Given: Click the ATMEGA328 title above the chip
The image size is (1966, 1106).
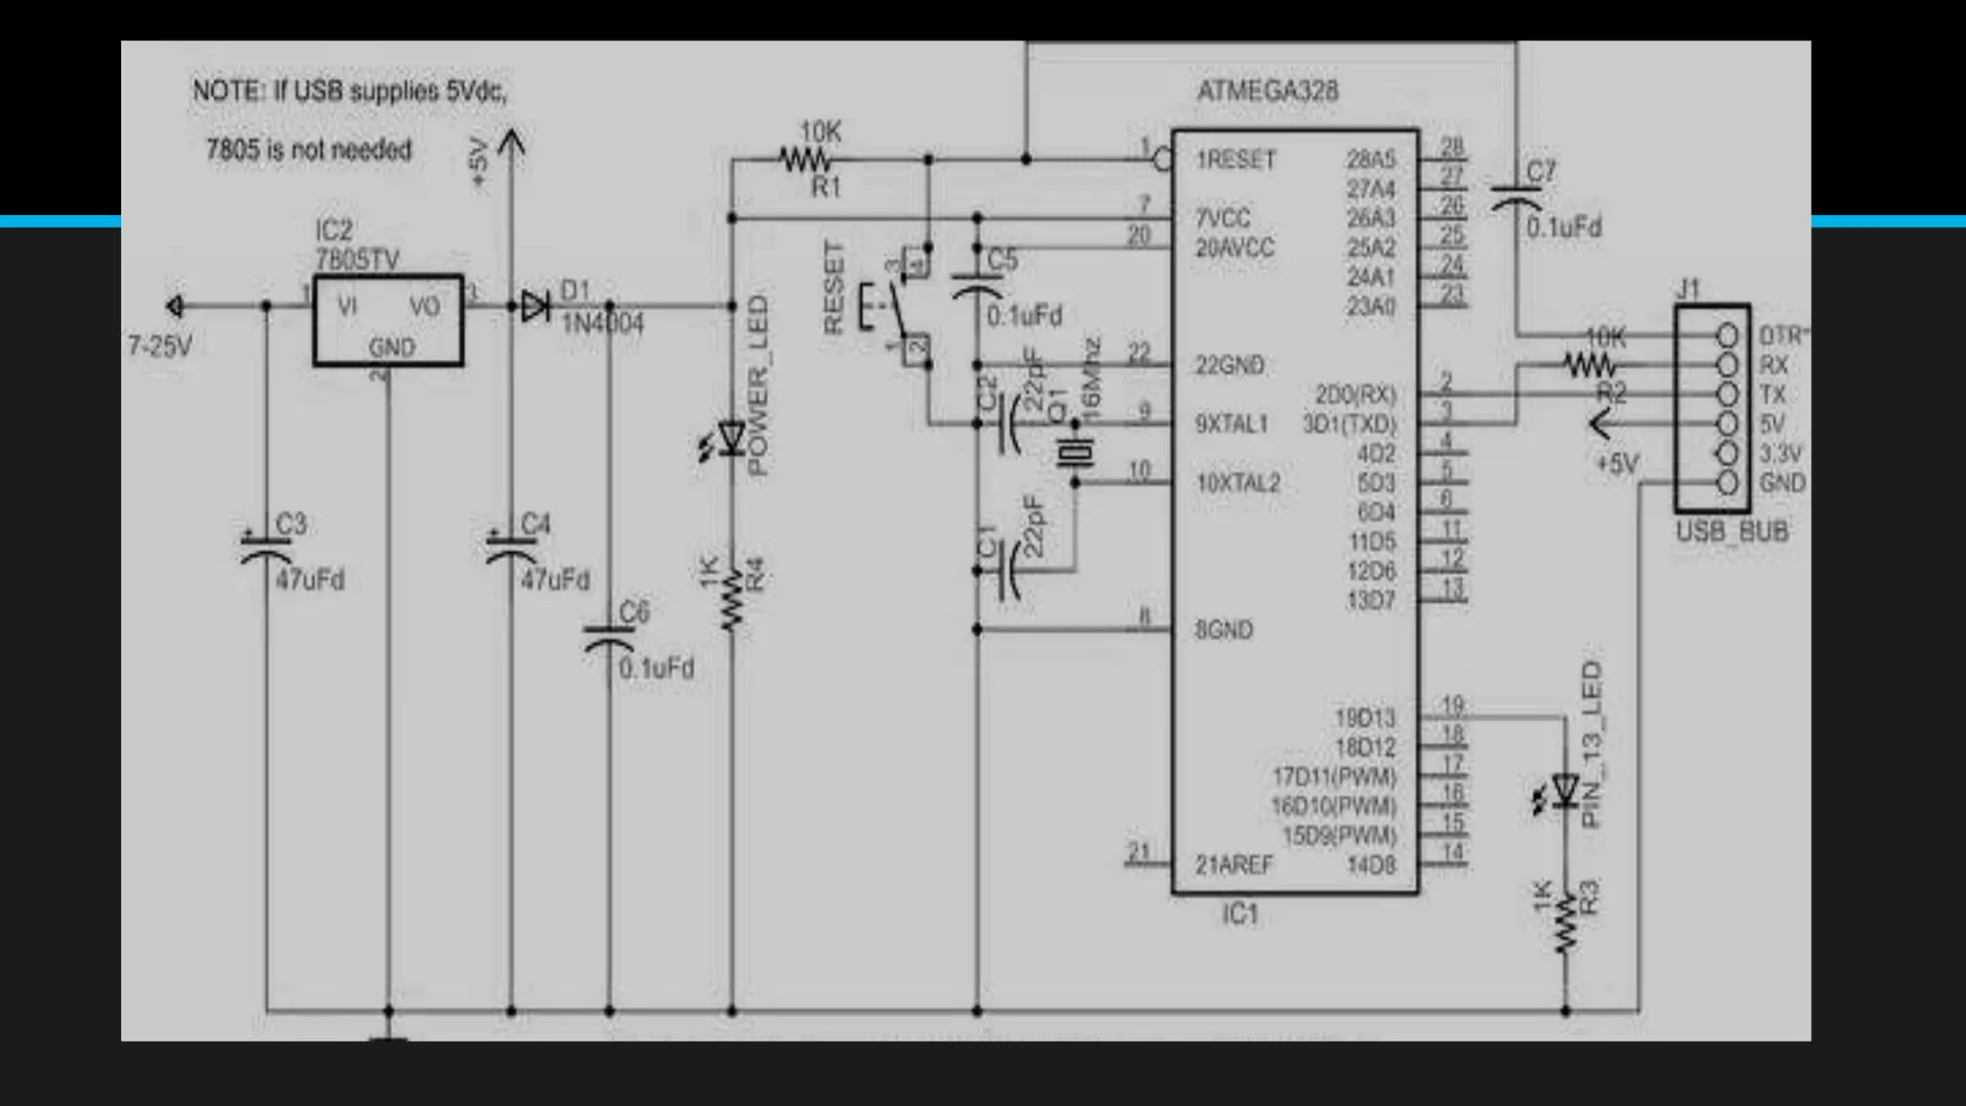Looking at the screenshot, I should click(1267, 91).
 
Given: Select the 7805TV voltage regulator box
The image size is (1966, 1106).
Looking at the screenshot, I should click(388, 321).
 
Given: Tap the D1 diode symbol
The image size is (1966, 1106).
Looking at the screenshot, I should click(535, 307).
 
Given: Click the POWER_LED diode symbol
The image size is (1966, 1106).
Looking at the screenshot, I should click(732, 440).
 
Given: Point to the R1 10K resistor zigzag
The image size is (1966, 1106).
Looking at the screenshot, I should click(804, 159).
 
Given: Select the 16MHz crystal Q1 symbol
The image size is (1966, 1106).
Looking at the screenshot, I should click(1074, 452).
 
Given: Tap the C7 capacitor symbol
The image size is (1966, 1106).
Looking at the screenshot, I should click(1517, 198).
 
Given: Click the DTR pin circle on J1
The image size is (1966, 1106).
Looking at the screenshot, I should click(1727, 336).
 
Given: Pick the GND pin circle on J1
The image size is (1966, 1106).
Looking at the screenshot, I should click(1727, 483).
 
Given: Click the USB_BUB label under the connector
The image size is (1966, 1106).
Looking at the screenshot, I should click(1732, 532).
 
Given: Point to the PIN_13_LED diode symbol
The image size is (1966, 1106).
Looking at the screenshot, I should click(1566, 792).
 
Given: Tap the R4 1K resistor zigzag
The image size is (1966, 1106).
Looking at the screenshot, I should click(732, 600).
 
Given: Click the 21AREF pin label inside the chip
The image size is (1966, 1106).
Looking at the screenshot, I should click(1234, 865).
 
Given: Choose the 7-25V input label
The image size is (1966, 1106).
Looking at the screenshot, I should click(160, 346).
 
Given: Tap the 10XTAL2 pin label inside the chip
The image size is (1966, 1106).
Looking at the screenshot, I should click(1237, 483).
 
